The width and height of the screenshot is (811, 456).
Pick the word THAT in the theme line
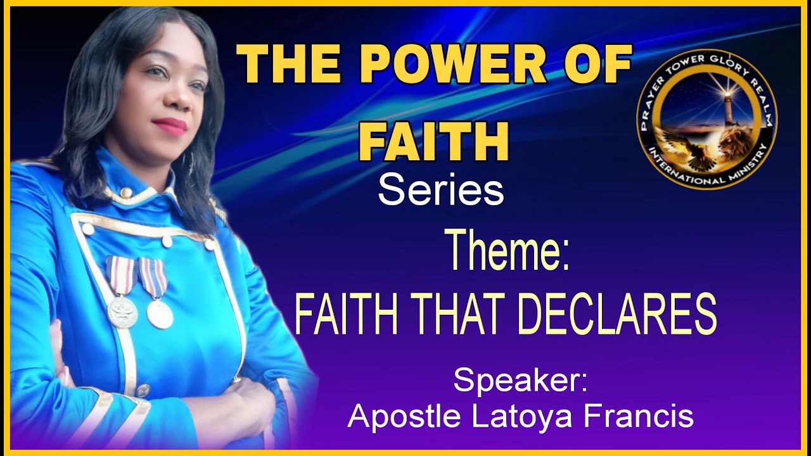click(455, 315)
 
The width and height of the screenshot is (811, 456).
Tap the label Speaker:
click(521, 382)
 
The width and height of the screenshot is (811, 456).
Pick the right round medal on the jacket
click(160, 313)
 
